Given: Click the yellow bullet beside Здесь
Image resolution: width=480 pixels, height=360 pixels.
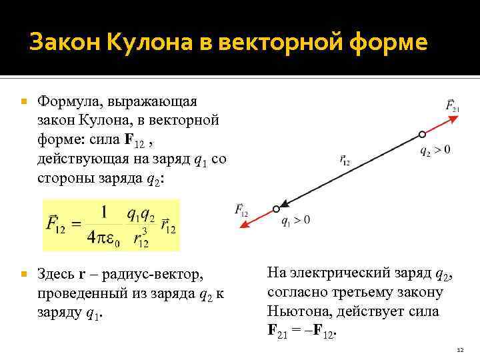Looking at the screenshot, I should (24, 274).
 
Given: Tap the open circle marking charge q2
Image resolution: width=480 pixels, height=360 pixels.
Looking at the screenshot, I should (421, 135).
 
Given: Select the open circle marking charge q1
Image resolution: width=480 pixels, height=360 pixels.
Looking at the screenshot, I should (275, 209).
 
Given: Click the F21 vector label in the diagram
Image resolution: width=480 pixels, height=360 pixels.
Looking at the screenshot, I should (451, 105).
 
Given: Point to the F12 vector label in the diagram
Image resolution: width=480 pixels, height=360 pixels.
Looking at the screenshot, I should (241, 210).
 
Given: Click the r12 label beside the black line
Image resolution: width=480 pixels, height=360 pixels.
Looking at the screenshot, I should (345, 160).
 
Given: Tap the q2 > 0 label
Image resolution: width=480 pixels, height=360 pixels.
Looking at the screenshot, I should (435, 150).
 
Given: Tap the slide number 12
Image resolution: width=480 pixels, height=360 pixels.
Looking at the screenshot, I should (459, 349).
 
